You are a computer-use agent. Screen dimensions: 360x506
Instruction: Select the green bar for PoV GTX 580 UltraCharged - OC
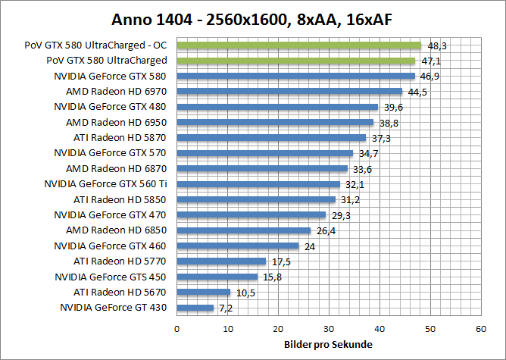pos(298,45)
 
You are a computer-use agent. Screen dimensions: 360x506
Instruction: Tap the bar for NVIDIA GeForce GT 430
pos(195,308)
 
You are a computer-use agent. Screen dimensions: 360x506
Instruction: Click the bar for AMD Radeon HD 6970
pos(289,92)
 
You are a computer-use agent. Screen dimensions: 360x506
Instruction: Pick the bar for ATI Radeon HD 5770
pos(221,261)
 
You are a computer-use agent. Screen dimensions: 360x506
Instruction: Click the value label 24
pos(309,246)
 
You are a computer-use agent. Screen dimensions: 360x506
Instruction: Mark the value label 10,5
pos(244,293)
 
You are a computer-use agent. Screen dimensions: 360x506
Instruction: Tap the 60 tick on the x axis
pos(480,329)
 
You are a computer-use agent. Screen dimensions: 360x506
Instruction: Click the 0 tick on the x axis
pos(177,329)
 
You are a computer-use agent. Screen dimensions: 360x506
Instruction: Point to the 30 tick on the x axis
pos(329,329)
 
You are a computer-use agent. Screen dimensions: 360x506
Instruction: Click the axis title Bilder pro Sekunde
pos(328,344)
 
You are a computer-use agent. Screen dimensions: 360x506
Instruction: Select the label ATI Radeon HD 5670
pos(120,293)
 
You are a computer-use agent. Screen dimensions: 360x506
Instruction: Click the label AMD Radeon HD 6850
pos(116,230)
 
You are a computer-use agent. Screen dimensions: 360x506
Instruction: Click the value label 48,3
pos(436,45)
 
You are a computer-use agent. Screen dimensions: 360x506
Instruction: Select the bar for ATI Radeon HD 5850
pos(256,200)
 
